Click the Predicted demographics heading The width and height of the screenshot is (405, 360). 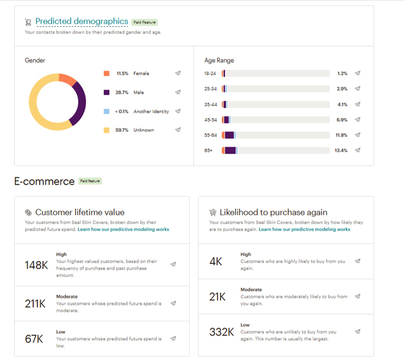coord(81,22)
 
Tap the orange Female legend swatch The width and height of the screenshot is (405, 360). coord(106,73)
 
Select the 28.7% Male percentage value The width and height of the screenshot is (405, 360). coord(122,92)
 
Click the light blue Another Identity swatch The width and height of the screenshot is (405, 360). coord(106,111)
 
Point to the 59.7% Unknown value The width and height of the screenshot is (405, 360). coord(122,130)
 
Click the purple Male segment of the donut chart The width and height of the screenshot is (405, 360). coord(80,103)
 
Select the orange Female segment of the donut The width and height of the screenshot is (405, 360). coord(67,79)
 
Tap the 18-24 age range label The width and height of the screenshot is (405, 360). coord(209,73)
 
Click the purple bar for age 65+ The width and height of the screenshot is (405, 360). coord(230,151)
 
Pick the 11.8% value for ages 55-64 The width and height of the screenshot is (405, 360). coord(341,136)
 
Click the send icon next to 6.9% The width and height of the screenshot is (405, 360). coord(357,119)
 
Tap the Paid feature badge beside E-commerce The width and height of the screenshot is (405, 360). coord(90,181)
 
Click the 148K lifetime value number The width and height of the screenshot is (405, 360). coord(36,265)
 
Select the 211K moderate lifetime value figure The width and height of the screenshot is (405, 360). coord(35,304)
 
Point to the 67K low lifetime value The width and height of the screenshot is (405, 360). coord(34,339)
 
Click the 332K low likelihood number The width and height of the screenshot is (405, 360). coord(221,332)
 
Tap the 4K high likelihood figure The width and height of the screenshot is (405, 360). coord(216,261)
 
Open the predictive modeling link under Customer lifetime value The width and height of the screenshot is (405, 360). coord(123,229)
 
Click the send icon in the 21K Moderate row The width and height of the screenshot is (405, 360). coord(357,296)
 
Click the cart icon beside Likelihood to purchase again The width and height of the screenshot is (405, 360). coord(212,212)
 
